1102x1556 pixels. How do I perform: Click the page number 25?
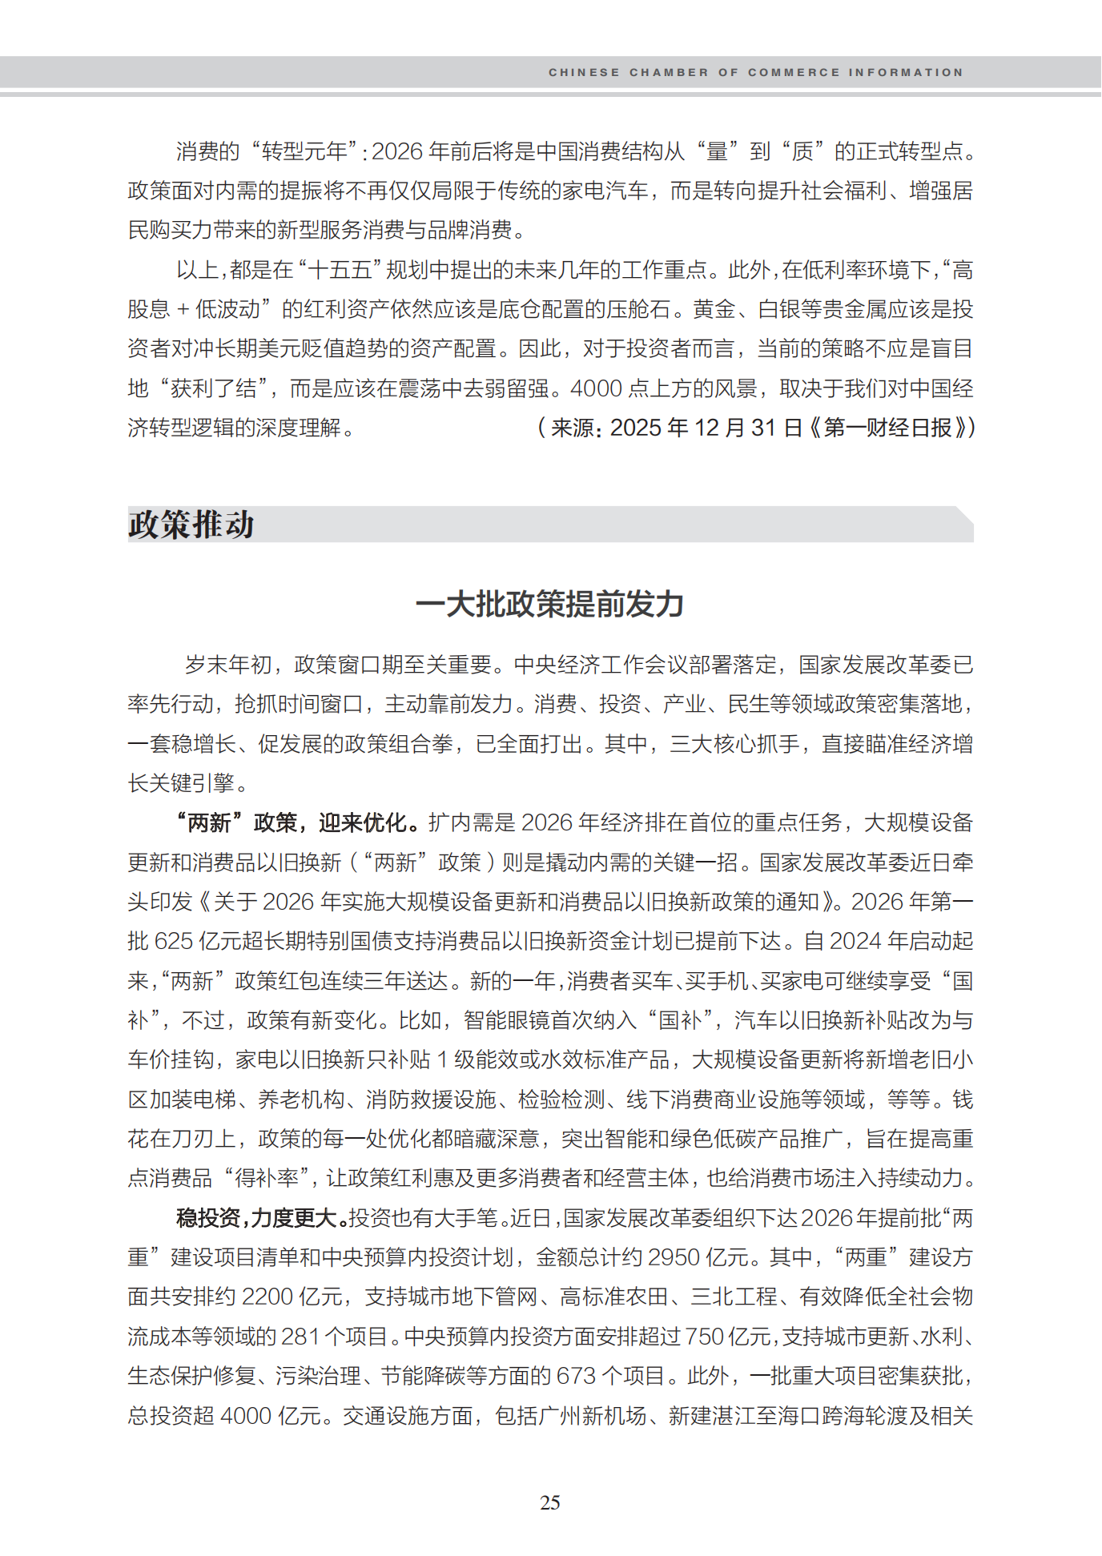[550, 1502]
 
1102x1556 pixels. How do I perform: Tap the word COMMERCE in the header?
[794, 72]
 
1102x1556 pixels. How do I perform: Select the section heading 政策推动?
[191, 525]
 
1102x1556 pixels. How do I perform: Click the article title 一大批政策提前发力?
[550, 604]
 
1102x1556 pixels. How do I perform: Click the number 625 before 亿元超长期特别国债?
[172, 941]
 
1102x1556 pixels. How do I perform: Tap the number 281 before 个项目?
[300, 1337]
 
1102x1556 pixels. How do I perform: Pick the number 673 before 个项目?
[576, 1376]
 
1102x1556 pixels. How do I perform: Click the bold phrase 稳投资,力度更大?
[260, 1218]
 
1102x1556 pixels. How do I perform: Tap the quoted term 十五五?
[340, 270]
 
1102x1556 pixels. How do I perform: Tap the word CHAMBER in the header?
[669, 72]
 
